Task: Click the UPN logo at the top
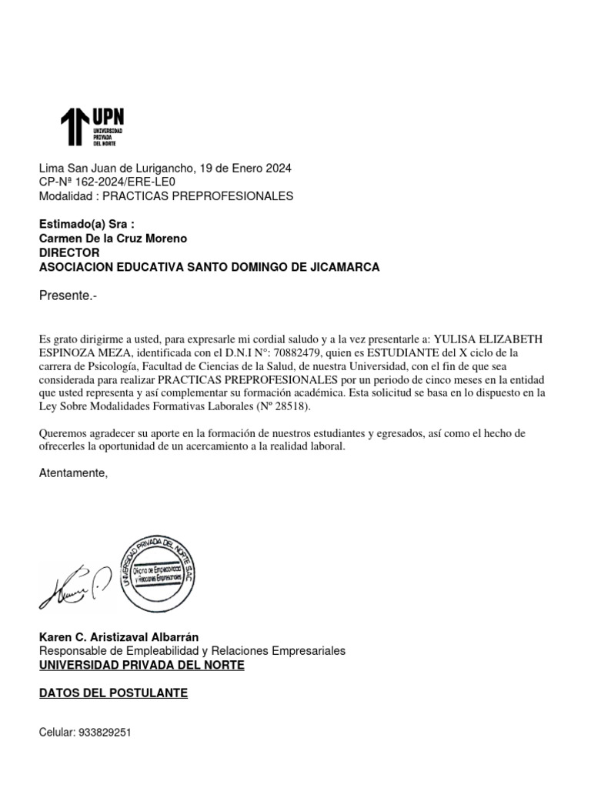coord(92,127)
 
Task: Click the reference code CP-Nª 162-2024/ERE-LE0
coord(108,182)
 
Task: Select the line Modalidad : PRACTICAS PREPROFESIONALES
coord(166,196)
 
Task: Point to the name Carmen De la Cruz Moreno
coord(113,239)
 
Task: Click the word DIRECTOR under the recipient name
coord(69,252)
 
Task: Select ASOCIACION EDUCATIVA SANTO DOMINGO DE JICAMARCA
coord(209,267)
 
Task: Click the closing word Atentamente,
coord(74,472)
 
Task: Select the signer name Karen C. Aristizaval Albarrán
coord(119,637)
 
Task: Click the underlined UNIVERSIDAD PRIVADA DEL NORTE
coord(142,665)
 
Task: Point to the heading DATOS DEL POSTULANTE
coord(113,693)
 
